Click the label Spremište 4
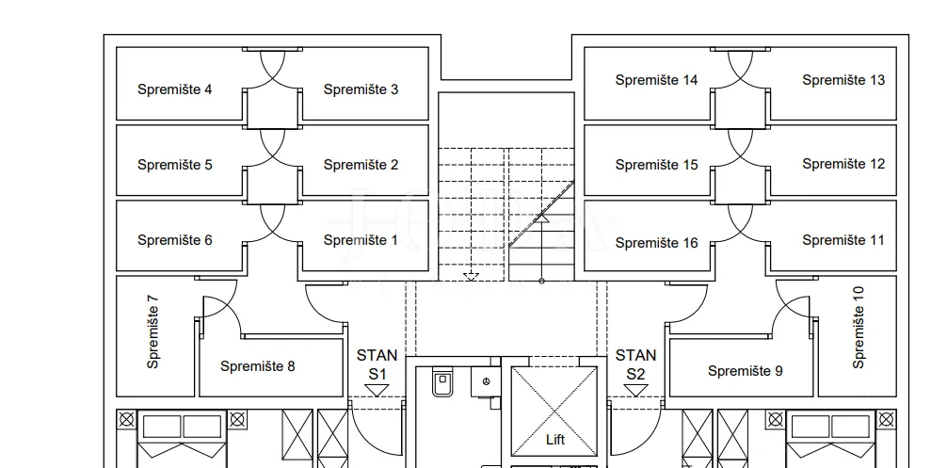point(174,89)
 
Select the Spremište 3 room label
point(361,89)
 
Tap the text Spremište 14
point(656,80)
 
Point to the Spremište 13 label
point(843,80)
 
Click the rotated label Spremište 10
point(859,328)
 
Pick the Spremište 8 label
point(257,366)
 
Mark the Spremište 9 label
point(746,371)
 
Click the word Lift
point(555,440)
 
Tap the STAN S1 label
point(377,364)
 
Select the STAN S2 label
point(635,364)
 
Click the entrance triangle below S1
point(377,391)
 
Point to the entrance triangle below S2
point(635,391)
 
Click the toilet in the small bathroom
point(442,381)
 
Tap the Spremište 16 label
point(656,243)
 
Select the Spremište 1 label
point(361,240)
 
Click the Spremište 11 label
point(843,240)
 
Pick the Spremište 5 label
point(174,164)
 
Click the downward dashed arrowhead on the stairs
point(471,277)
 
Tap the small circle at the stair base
point(541,281)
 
